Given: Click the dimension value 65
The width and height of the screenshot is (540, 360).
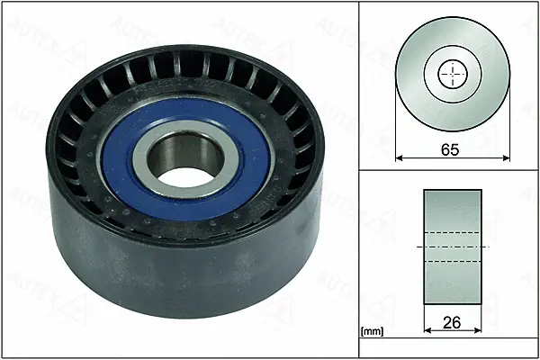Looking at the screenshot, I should [x=450, y=149].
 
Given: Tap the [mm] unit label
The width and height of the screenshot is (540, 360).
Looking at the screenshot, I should [x=372, y=332].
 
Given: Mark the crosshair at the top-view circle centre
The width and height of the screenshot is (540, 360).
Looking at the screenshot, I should [x=452, y=74].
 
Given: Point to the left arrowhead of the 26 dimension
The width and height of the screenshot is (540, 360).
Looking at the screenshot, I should [x=427, y=330].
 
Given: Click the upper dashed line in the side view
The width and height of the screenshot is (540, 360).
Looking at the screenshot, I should [x=452, y=231].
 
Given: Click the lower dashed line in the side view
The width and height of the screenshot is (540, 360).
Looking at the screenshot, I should [x=452, y=261].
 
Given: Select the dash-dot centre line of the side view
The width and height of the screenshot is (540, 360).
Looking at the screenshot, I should [x=452, y=247].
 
